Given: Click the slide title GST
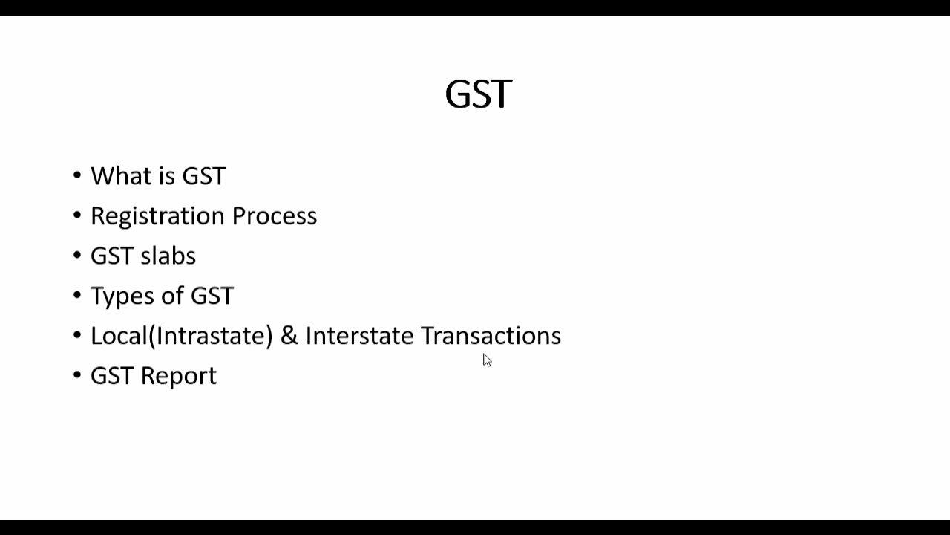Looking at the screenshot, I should point(478,94).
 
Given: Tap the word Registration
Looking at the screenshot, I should point(157,216).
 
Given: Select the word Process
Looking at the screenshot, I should point(274,216).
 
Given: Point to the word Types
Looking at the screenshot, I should point(119,296).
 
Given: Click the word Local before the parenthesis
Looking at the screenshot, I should point(119,336).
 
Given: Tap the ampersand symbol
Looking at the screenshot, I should point(289,336).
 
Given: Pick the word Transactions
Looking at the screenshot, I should point(491,336).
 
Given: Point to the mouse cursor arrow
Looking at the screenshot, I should point(486,360).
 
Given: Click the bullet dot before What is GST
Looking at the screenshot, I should point(77,176).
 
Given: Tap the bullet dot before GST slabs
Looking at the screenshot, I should point(77,256).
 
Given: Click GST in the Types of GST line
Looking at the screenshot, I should point(212,296).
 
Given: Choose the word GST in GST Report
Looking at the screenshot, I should point(111,376).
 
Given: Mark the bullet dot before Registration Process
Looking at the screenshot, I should point(77,215).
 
